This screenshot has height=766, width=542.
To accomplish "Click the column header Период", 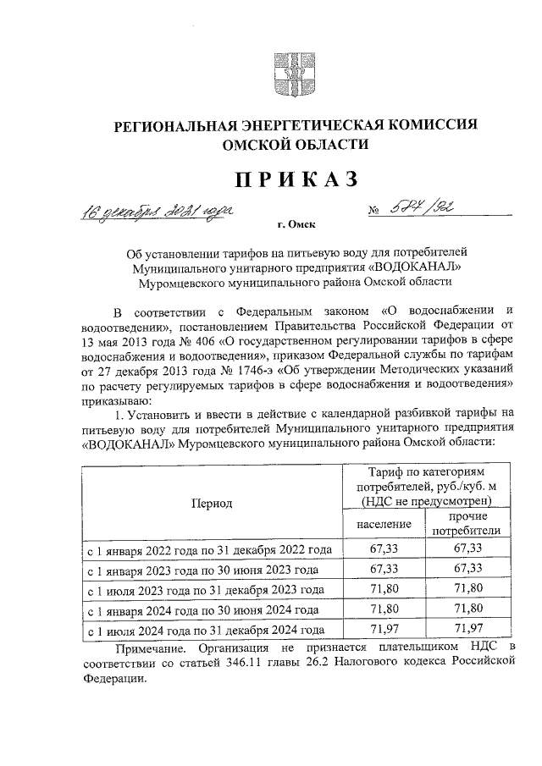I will [211, 503].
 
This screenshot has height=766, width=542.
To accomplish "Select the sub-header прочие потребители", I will [467, 524].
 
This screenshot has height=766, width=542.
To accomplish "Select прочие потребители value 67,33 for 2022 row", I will [467, 549].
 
